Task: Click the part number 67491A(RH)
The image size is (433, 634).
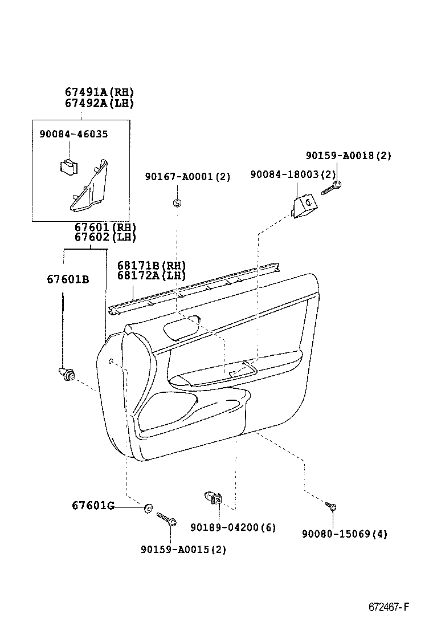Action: pyautogui.click(x=99, y=92)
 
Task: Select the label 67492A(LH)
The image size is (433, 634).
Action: pyautogui.click(x=99, y=103)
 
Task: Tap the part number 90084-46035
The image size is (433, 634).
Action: pyautogui.click(x=73, y=133)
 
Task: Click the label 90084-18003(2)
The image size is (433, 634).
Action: pyautogui.click(x=292, y=174)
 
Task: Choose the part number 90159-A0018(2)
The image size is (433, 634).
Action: pyautogui.click(x=348, y=155)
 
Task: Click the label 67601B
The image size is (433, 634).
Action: pyautogui.click(x=68, y=279)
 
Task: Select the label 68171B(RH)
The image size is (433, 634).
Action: pyautogui.click(x=152, y=265)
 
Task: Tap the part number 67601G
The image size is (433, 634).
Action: pyautogui.click(x=93, y=505)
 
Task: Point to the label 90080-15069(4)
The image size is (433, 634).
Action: pyautogui.click(x=345, y=534)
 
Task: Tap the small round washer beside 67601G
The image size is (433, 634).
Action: pyautogui.click(x=148, y=507)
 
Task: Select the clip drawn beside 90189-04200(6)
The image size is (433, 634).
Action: pyautogui.click(x=213, y=499)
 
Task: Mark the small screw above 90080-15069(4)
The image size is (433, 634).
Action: pyautogui.click(x=332, y=505)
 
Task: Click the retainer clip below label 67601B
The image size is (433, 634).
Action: pyautogui.click(x=67, y=375)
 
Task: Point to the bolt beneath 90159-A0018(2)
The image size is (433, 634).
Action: pyautogui.click(x=331, y=188)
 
